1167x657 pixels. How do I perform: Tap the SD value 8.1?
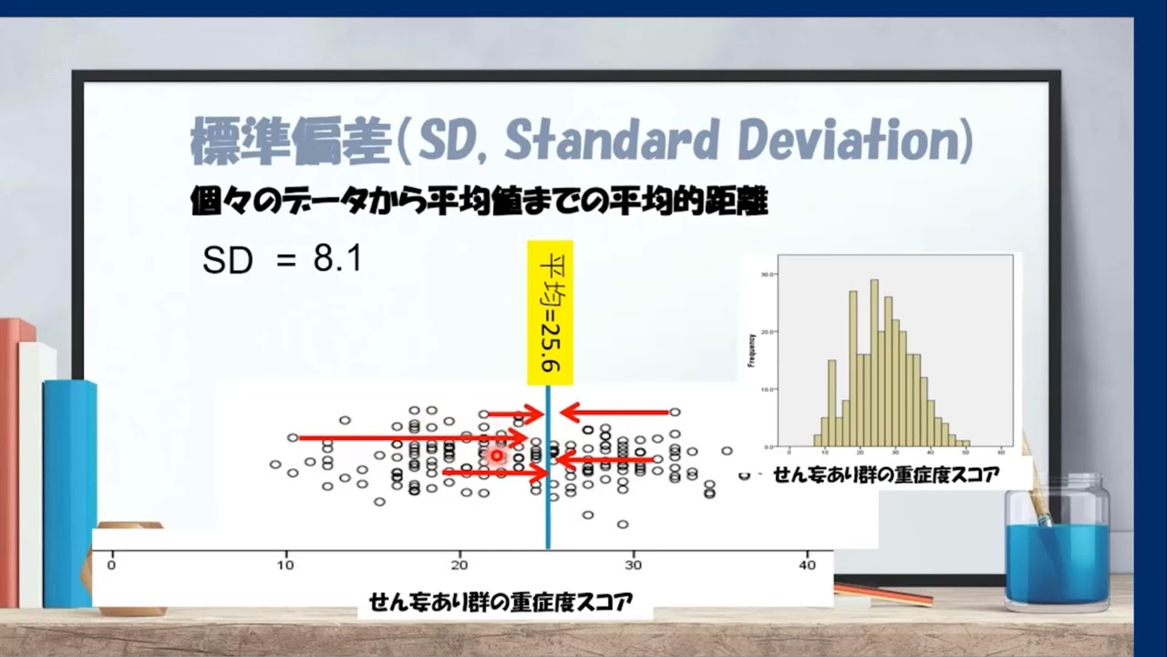pyautogui.click(x=337, y=260)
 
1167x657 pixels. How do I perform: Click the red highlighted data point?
pyautogui.click(x=497, y=454)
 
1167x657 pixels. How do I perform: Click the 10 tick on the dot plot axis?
pyautogui.click(x=285, y=564)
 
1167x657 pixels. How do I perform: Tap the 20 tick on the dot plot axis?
pyautogui.click(x=460, y=564)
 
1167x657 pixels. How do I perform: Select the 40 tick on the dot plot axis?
pyautogui.click(x=807, y=564)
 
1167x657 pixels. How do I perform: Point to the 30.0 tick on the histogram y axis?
pyautogui.click(x=768, y=274)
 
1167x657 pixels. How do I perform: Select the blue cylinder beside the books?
pyautogui.click(x=69, y=493)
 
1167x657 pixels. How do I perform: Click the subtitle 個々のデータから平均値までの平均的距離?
pyautogui.click(x=480, y=203)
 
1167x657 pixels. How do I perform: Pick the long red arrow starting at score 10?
pyautogui.click(x=410, y=438)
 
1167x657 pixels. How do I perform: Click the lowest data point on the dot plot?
pyautogui.click(x=623, y=524)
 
